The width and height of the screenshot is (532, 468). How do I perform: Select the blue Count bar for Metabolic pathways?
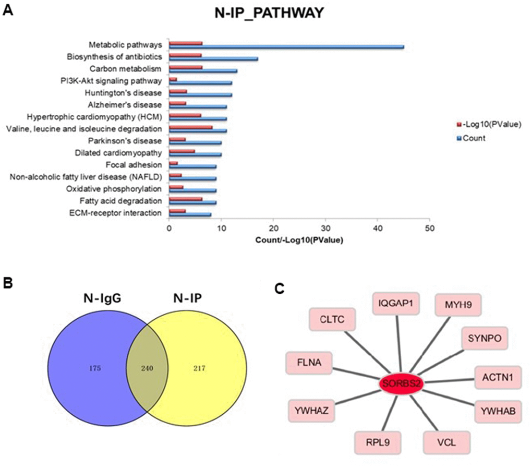point(286,47)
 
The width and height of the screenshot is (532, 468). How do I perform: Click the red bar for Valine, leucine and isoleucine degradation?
point(190,126)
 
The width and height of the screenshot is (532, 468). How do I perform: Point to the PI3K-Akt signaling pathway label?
point(111,81)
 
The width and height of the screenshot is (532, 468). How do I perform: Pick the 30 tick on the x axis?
point(325,228)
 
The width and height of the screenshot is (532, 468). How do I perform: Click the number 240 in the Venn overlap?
point(146,368)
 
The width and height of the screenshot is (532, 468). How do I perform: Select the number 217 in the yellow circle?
point(198,368)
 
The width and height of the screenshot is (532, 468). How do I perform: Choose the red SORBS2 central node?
point(401,383)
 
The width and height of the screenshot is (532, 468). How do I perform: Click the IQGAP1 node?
point(395,304)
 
